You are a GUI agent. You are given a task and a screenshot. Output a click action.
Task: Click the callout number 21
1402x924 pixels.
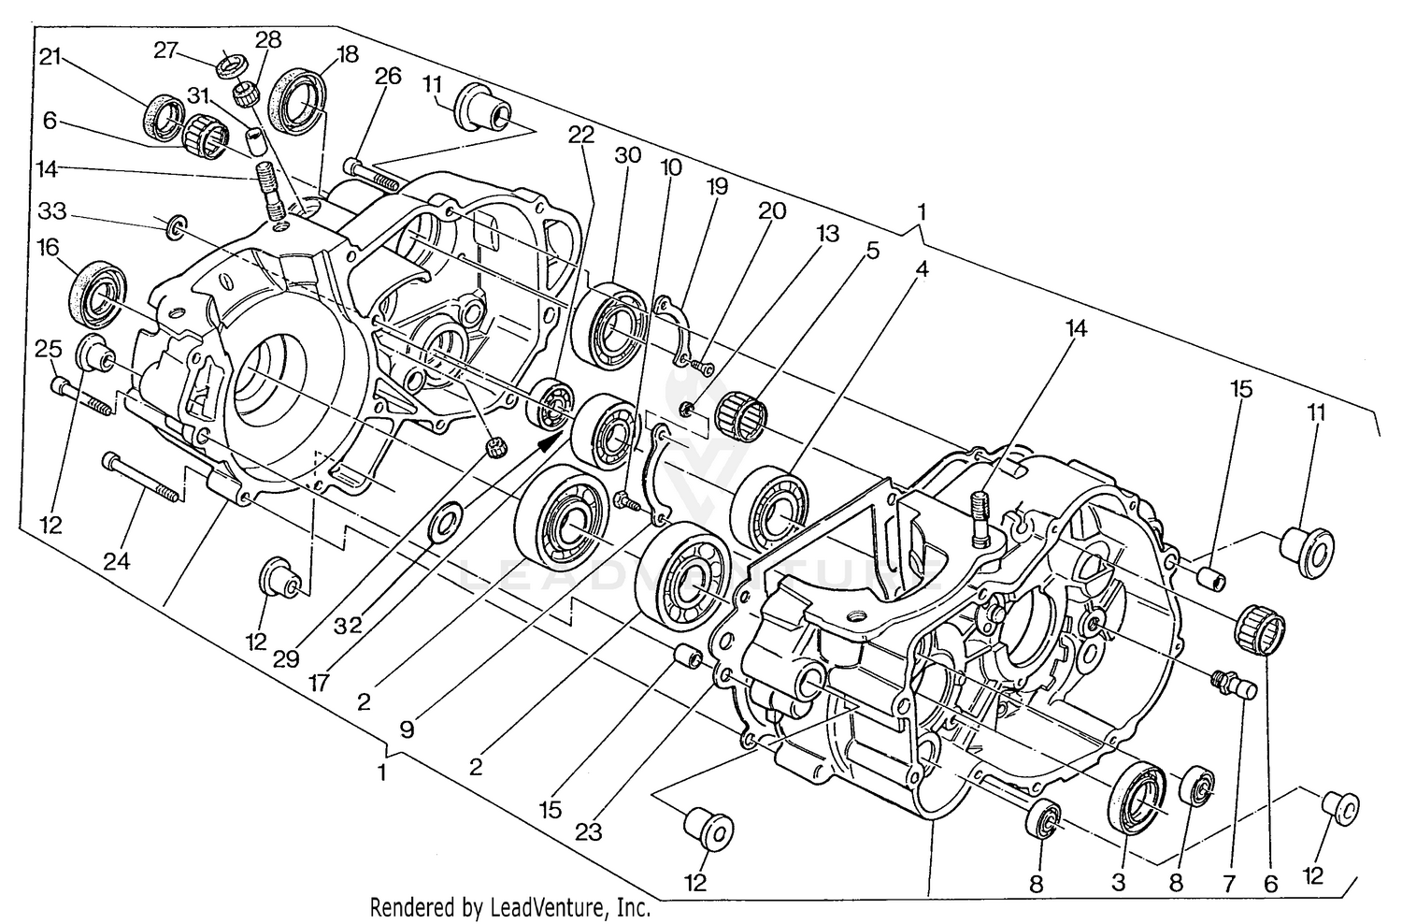[x=50, y=57]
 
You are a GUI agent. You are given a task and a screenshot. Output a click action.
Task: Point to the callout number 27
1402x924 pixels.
[x=166, y=51]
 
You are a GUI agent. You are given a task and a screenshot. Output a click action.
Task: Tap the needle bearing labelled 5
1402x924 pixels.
[x=740, y=412]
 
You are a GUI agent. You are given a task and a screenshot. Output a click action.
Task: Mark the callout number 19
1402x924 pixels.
[x=717, y=187]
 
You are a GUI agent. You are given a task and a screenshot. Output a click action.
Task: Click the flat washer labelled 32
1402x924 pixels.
[x=441, y=524]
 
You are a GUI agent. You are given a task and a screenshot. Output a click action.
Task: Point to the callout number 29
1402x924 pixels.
[x=286, y=658]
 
